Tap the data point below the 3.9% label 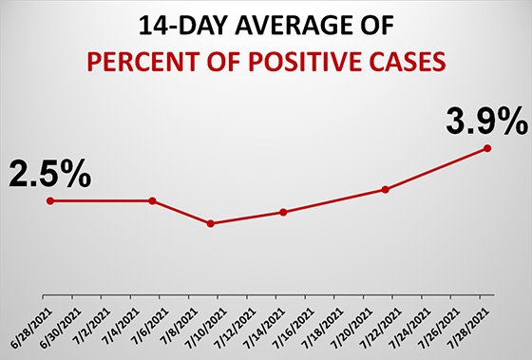coord(488,147)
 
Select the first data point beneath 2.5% coord(50,200)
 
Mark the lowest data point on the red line coord(211,224)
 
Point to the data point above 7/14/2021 coord(283,212)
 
